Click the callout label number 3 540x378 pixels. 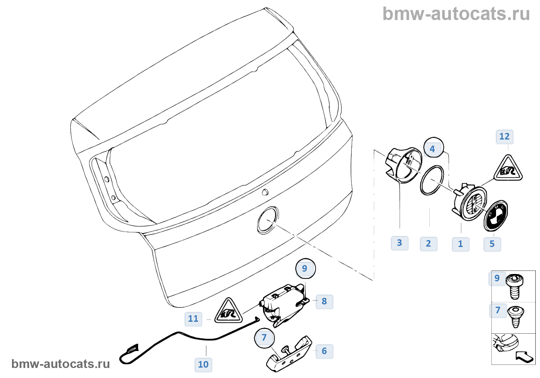click(400, 243)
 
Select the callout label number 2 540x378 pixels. click(429, 244)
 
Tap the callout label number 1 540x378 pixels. click(461, 244)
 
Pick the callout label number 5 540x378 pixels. click(492, 244)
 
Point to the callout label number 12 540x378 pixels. click(505, 137)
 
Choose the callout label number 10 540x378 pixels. click(203, 365)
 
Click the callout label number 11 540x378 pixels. click(193, 319)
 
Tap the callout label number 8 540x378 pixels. click(324, 302)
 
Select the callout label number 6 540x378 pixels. click(324, 351)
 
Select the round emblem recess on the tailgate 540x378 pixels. click(268, 220)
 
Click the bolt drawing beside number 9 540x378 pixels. click(514, 286)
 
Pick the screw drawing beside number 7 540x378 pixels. click(515, 316)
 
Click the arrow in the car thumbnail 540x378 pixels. click(525, 356)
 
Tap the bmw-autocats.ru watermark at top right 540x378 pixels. click(456, 14)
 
